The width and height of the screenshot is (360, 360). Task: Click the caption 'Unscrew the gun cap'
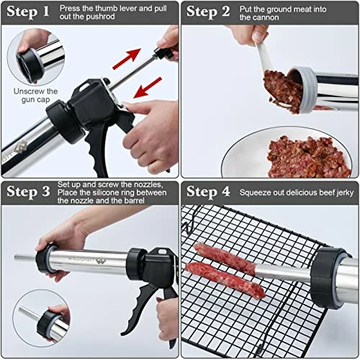(35, 96)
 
